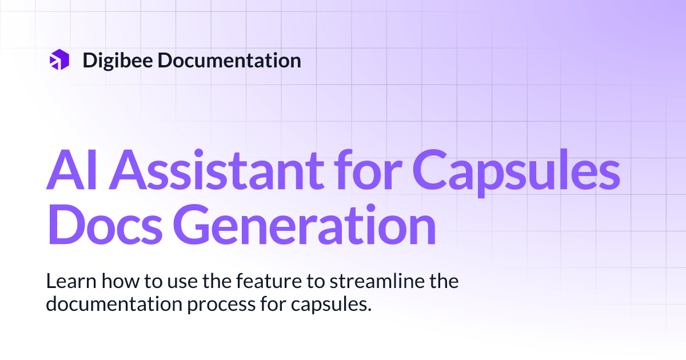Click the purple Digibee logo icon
pyautogui.click(x=59, y=60)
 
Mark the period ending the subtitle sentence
pyautogui.click(x=370, y=309)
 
